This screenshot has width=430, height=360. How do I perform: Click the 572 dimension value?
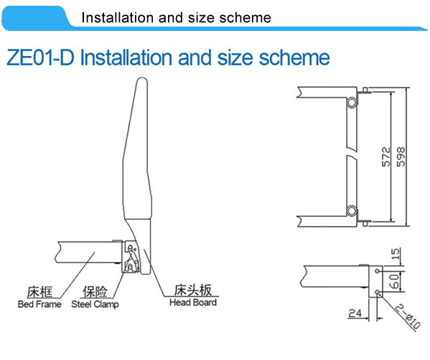coord(385,157)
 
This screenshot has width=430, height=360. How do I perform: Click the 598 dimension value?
coord(401,157)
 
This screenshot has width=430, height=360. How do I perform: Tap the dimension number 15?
coord(396,254)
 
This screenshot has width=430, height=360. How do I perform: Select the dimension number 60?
coord(394,281)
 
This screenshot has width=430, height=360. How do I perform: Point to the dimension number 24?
coord(355,313)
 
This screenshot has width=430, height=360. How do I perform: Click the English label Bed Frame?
coord(39,304)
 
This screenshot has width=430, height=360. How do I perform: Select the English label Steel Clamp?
coord(95,305)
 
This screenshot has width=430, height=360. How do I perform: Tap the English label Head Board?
coord(193,303)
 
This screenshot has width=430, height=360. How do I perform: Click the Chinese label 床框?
coord(39,292)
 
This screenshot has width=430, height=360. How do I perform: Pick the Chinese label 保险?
coord(95,292)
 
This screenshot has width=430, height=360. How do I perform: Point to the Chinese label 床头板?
coord(193,290)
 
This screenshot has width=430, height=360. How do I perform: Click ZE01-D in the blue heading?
coord(39,57)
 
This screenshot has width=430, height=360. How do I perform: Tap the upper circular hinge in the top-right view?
coord(351,103)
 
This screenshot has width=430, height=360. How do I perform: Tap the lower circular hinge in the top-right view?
coord(351,211)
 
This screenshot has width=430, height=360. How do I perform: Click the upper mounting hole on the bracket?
coord(378,272)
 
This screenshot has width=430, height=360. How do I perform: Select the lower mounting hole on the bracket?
coord(378,292)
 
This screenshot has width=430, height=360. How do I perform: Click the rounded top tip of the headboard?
coord(142,78)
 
